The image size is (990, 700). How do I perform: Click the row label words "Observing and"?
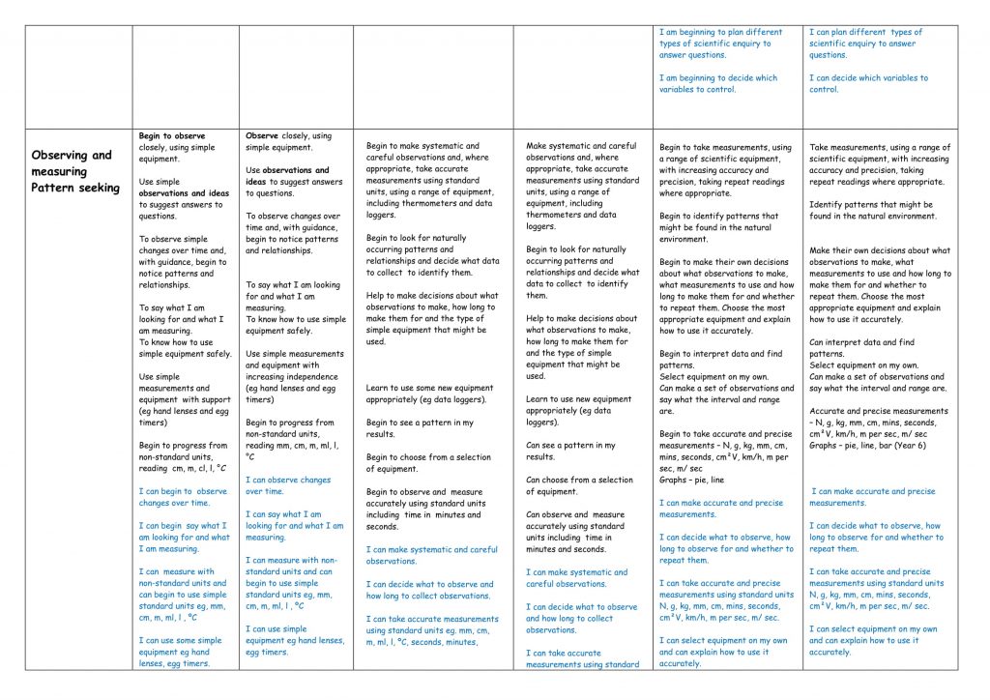(x=71, y=155)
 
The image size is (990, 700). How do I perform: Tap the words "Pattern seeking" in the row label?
(x=75, y=188)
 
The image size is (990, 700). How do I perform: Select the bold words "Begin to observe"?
(x=172, y=136)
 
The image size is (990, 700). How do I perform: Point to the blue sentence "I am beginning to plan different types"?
(x=721, y=32)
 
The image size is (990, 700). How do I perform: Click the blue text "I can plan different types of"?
(x=866, y=32)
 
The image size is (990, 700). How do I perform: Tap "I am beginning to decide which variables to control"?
(x=717, y=84)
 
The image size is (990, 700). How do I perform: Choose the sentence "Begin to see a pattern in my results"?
(x=420, y=428)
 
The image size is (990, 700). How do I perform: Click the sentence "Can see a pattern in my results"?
(x=570, y=452)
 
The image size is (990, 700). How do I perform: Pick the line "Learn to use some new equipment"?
(x=429, y=388)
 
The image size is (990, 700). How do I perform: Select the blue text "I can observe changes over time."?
(x=288, y=485)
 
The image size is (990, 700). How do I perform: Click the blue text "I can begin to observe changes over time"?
(x=183, y=497)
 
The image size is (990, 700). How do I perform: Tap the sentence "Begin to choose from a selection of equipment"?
(x=428, y=463)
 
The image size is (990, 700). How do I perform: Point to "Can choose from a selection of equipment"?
(x=579, y=485)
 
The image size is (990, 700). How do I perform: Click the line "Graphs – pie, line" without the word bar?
(x=691, y=480)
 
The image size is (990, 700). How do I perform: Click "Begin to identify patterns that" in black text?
(x=718, y=217)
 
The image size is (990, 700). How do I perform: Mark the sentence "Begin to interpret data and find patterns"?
(x=721, y=360)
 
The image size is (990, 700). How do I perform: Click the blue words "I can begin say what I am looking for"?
(x=184, y=532)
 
